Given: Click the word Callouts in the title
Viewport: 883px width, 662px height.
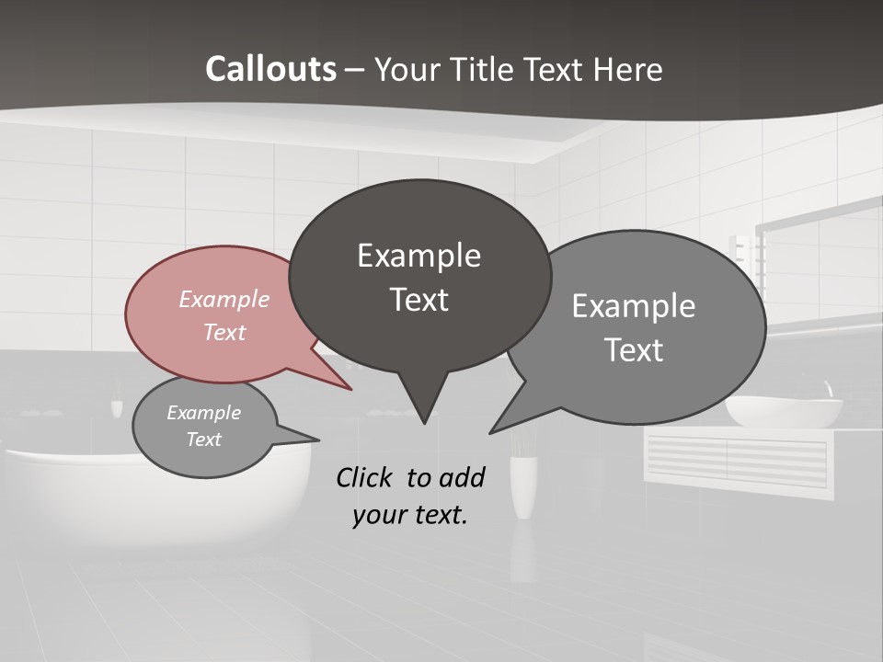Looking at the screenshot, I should point(270,69).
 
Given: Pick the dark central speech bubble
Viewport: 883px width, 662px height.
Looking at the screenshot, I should point(419,276).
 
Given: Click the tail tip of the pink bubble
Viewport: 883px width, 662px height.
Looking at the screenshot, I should point(350,389).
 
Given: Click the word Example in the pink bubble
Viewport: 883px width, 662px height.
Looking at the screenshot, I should point(224,299).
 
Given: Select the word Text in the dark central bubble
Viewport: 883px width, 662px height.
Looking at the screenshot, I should point(419,300).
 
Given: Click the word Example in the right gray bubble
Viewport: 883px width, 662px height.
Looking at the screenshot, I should point(634,306).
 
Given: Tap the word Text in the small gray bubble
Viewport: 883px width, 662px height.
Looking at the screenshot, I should point(204,439).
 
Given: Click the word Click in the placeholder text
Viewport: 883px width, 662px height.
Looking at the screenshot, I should point(365,477).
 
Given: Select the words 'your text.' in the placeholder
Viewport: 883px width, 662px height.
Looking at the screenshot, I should point(410,515).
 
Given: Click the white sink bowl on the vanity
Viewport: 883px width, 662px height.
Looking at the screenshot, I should point(784,411).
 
